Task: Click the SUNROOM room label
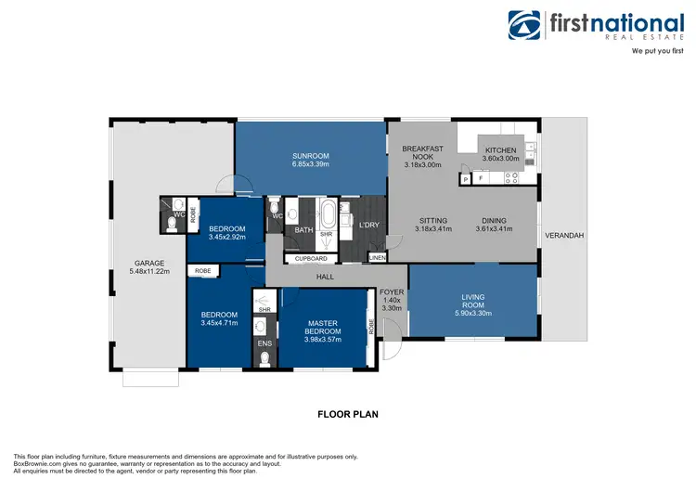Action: point(310,156)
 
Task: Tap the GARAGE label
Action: point(148,263)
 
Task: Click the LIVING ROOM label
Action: point(472,298)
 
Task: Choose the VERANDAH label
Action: point(563,236)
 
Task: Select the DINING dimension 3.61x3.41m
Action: point(494,229)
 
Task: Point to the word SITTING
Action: point(432,220)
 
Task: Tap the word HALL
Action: point(324,277)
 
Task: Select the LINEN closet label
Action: point(377,257)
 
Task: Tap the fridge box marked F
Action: point(481,178)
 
